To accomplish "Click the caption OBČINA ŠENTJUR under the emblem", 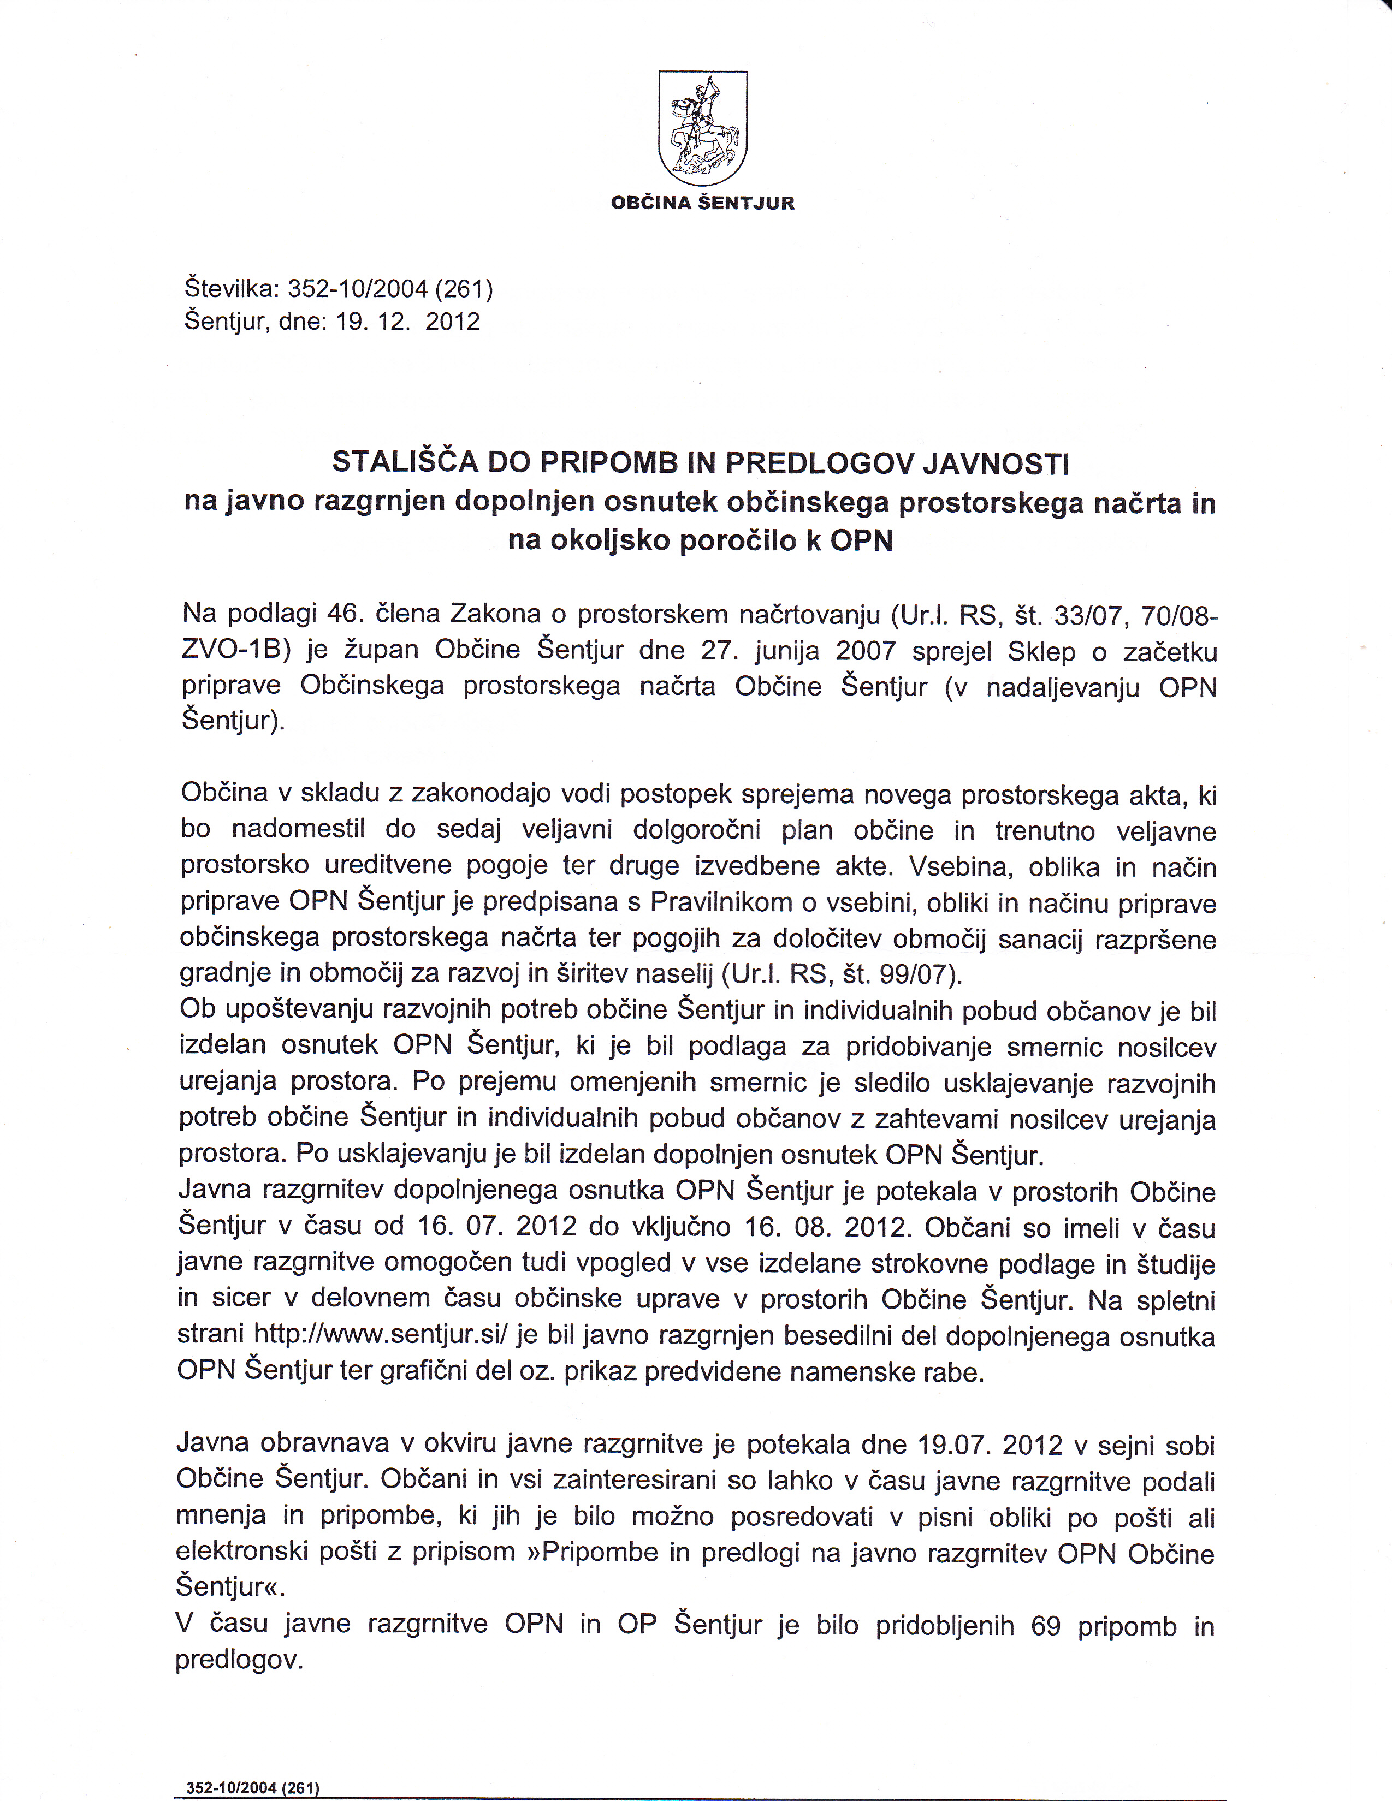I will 703,203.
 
